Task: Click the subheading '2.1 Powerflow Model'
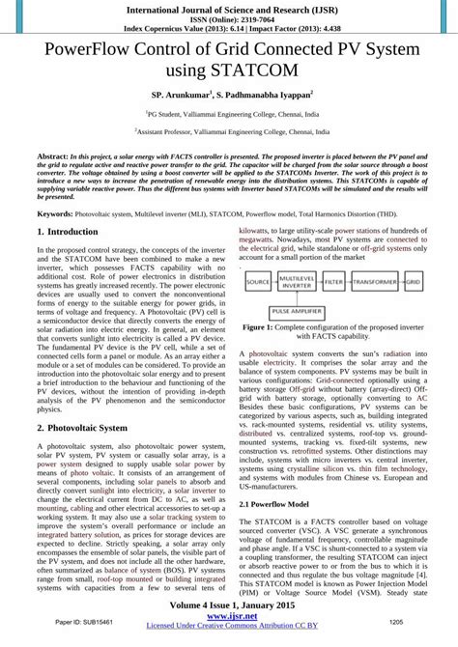pyautogui.click(x=274, y=504)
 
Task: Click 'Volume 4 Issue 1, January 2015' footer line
pyautogui.click(x=229, y=608)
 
